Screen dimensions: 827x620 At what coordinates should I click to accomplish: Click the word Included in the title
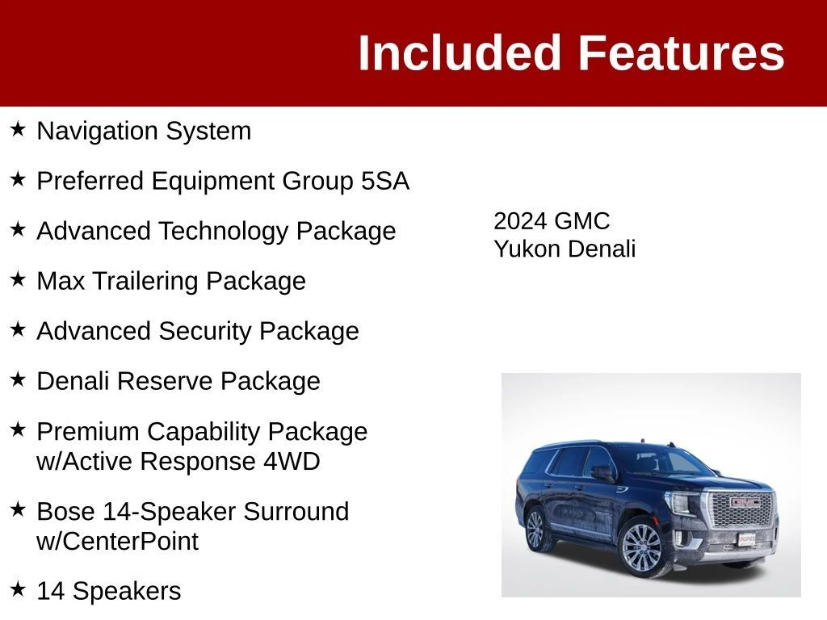tap(459, 52)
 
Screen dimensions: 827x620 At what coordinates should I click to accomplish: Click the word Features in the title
tap(682, 52)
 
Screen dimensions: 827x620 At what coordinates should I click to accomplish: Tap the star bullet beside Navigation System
tap(18, 129)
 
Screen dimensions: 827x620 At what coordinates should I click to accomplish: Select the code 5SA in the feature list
tap(385, 181)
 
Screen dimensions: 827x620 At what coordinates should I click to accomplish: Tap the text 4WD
tap(292, 461)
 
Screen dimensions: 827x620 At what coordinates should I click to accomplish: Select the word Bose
tap(66, 511)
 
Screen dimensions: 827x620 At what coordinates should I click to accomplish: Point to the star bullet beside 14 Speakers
tap(18, 589)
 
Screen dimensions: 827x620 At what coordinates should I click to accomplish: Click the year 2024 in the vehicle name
tap(520, 221)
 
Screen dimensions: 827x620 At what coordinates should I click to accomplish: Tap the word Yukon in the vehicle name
tap(527, 249)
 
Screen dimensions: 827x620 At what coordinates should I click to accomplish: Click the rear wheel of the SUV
tap(535, 529)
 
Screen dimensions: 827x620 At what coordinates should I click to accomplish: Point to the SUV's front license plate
tap(747, 539)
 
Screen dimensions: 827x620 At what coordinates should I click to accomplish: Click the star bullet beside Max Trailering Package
tap(18, 279)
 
